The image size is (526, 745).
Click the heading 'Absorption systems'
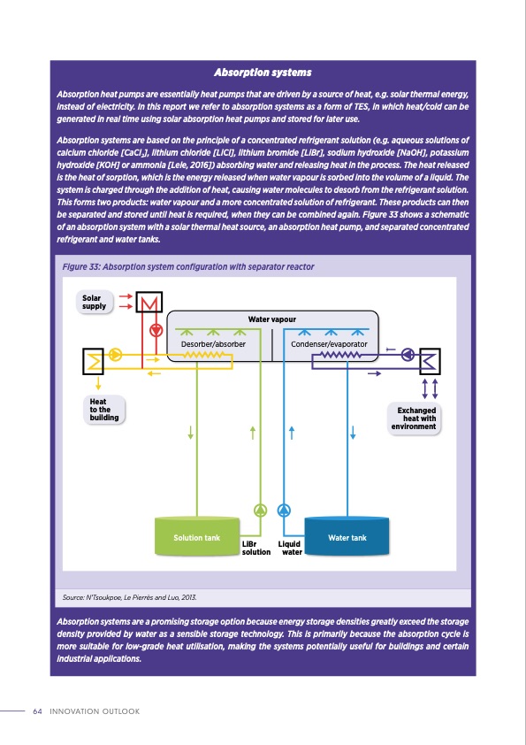[x=263, y=72]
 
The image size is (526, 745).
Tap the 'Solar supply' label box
[x=95, y=302]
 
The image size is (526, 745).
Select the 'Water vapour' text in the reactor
[x=272, y=319]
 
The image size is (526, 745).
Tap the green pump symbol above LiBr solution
[x=260, y=510]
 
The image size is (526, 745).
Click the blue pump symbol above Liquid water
[x=283, y=510]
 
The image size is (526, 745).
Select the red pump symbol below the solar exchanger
[x=156, y=331]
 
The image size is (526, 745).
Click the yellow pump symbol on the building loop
[x=117, y=355]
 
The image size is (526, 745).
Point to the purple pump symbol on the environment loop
[x=408, y=354]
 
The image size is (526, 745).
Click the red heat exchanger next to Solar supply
[x=150, y=303]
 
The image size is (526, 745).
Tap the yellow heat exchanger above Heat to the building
[x=95, y=360]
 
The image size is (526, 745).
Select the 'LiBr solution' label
[x=256, y=548]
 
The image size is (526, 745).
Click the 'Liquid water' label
[x=290, y=548]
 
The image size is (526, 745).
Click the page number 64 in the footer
[x=37, y=711]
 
